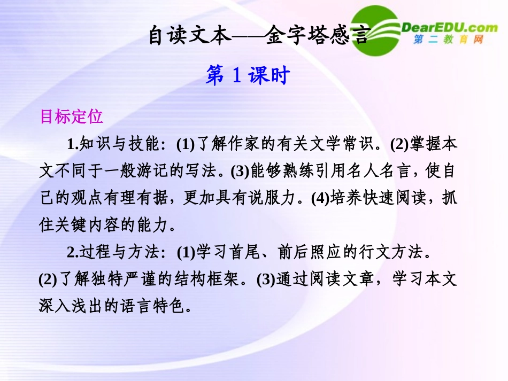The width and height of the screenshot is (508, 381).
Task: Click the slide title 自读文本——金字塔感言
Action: pos(258,37)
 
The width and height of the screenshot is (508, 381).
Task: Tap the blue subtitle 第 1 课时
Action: pos(247,76)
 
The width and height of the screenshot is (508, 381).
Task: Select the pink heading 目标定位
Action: pos(71,116)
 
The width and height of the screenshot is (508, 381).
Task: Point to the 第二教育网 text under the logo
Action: pos(449,40)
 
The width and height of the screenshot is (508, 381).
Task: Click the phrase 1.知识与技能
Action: pos(112,144)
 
